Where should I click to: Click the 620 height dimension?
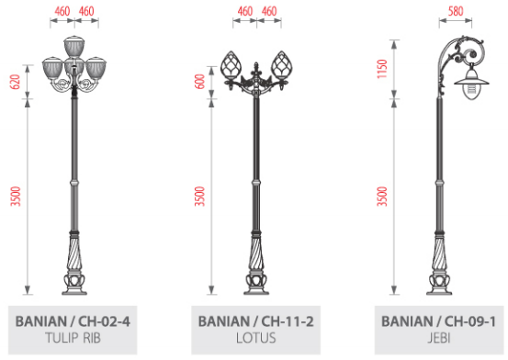coord(16,82)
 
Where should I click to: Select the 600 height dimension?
coord(200,82)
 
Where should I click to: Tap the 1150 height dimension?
coord(382,69)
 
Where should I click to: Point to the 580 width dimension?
coord(456,11)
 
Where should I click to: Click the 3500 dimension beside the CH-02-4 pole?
coord(16,197)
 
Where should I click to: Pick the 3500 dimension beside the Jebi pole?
coord(382,197)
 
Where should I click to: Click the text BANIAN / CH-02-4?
coord(73,321)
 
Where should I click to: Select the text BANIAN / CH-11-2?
coord(255,321)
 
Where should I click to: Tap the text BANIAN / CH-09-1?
coord(439,321)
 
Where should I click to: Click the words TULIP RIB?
coord(73,338)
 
